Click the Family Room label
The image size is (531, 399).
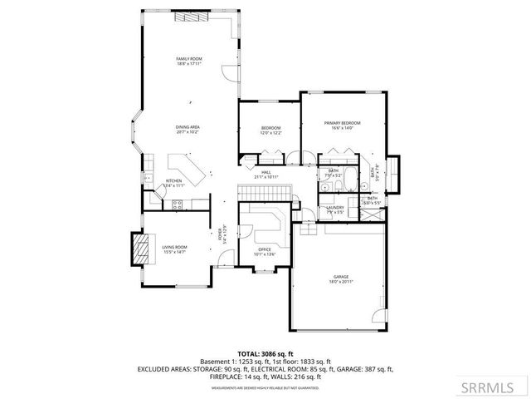click(x=188, y=61)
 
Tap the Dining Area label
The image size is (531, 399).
click(x=188, y=129)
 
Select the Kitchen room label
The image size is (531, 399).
click(x=173, y=182)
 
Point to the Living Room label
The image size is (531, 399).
click(x=174, y=249)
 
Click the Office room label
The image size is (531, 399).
click(x=265, y=251)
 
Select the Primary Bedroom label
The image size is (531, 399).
click(x=343, y=125)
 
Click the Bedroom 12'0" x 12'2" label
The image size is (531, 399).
click(x=270, y=130)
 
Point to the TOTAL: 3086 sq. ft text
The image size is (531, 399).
click(x=265, y=353)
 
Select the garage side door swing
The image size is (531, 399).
click(x=380, y=318)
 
